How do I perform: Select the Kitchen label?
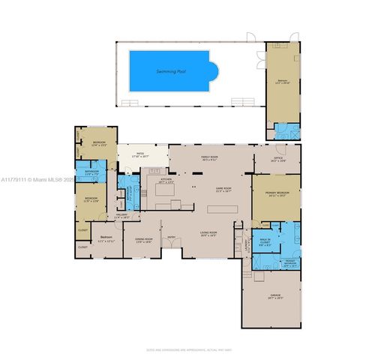166,181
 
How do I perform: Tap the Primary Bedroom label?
276,194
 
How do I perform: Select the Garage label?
275,296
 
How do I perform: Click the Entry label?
172,240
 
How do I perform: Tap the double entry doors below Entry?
172,250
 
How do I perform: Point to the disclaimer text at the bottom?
187,350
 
